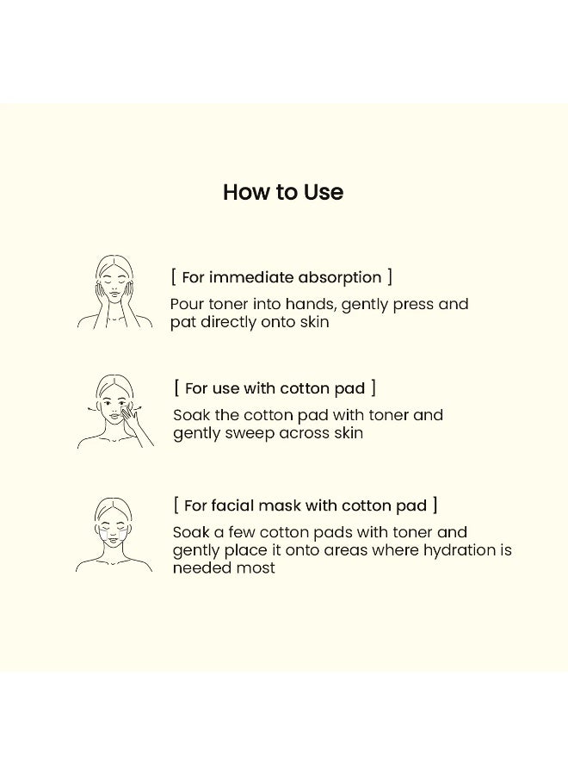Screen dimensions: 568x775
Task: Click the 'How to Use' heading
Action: (283, 192)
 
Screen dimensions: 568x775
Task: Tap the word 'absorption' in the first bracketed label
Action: (339, 278)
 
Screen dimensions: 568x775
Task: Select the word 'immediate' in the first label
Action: (251, 277)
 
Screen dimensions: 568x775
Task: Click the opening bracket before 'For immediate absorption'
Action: (173, 276)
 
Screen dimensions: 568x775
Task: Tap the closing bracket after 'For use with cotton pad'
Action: (374, 388)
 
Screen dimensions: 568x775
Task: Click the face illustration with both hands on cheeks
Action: (114, 292)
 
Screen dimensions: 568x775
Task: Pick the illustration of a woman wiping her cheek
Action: (115, 412)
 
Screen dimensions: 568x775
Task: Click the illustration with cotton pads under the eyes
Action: (114, 535)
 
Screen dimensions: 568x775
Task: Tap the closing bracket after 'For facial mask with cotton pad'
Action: (435, 505)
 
